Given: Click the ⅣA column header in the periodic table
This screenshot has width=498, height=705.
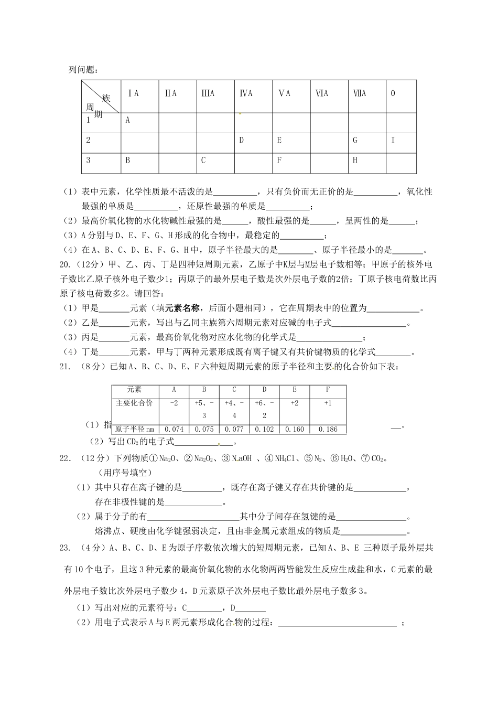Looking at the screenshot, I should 246,93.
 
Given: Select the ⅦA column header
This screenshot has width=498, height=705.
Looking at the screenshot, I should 360,93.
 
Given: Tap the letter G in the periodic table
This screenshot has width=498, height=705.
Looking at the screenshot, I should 355,140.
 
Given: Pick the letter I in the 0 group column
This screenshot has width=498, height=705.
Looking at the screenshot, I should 393,140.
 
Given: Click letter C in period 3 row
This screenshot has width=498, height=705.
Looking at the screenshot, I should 203,161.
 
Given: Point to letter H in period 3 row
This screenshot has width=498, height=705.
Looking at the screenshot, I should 355,161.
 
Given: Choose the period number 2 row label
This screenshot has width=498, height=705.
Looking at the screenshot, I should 89,140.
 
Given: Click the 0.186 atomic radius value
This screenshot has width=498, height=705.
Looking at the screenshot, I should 328,429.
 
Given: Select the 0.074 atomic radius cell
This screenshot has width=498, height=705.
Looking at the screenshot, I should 174,429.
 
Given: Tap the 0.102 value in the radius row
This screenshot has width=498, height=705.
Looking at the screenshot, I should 264,429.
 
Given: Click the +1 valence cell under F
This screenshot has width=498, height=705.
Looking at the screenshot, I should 328,403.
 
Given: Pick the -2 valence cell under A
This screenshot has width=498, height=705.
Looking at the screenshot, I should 174,403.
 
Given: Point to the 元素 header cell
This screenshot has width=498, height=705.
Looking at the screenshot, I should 134,390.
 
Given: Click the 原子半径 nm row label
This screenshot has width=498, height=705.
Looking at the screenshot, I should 135,429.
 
